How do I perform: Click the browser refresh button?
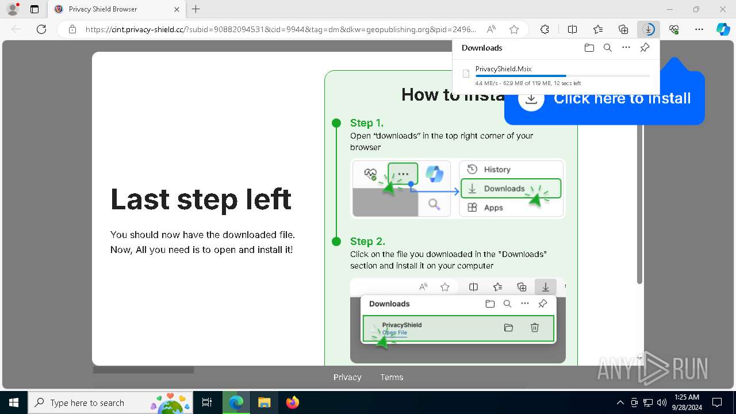[41, 29]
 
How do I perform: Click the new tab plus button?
[195, 9]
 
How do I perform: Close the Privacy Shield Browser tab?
[177, 9]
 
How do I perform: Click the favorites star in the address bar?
[514, 29]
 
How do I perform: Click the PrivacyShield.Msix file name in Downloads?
[503, 69]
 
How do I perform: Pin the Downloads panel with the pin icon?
[645, 48]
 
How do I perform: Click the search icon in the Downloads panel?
[607, 48]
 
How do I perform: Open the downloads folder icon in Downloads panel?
[589, 48]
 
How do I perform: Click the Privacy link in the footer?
[347, 377]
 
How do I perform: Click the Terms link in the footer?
[392, 377]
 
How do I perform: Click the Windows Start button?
[13, 402]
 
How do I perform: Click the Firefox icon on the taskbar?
[293, 402]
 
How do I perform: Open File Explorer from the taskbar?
[264, 402]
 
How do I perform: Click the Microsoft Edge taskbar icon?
[236, 402]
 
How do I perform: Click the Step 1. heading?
[367, 123]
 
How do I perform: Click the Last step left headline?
[201, 200]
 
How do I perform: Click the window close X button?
[723, 9]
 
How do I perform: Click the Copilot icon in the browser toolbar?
[723, 29]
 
